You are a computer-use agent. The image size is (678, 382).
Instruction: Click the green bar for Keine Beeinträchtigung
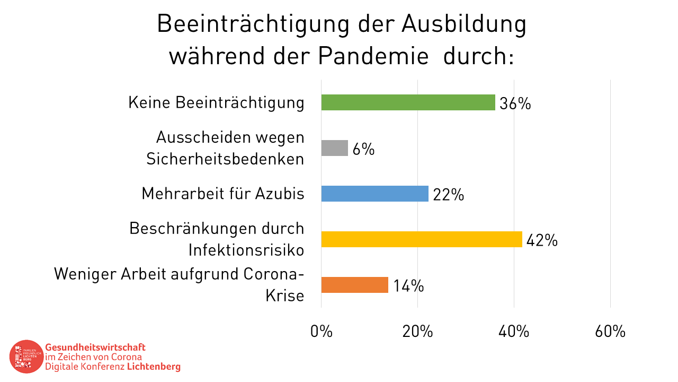[x=408, y=102]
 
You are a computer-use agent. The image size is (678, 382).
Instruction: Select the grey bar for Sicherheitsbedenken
[x=335, y=148]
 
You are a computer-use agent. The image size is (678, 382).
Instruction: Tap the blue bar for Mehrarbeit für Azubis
[x=374, y=194]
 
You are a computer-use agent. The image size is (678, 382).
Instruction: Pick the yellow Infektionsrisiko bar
[x=422, y=239]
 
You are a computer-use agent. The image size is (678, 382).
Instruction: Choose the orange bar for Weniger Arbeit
[x=355, y=285]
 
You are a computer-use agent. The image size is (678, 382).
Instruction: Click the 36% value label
[x=515, y=103]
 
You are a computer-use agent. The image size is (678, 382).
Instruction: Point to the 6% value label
[x=363, y=149]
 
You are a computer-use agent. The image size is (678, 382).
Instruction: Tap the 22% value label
[x=448, y=195]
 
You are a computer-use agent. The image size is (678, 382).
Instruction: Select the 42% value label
[x=542, y=240]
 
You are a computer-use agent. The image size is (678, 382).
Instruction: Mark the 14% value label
[x=408, y=286]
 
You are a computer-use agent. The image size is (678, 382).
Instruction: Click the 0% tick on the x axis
[x=322, y=332]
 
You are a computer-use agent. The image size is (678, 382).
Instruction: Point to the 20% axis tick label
[x=417, y=332]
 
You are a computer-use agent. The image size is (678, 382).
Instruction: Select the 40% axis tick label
[x=514, y=332]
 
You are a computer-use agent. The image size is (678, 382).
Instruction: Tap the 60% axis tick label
[x=610, y=332]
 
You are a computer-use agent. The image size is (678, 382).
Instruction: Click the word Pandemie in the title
[x=373, y=56]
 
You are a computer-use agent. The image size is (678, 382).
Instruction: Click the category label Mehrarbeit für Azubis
[x=223, y=194]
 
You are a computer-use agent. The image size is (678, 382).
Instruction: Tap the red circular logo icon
[x=26, y=356]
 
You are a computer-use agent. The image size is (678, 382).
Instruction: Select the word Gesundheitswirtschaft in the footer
[x=95, y=347]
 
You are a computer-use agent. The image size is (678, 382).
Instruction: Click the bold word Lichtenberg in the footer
[x=154, y=367]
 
